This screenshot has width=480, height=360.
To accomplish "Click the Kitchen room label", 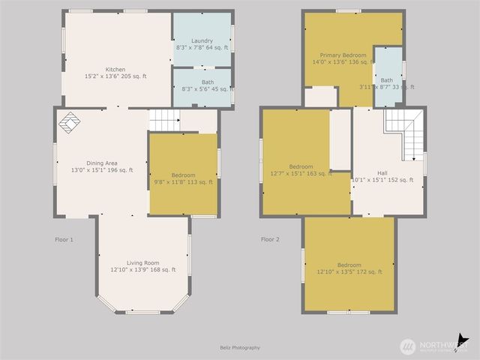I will click(115, 73).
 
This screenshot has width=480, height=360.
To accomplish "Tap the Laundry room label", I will click(202, 44).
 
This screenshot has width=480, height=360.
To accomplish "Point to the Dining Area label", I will click(101, 166).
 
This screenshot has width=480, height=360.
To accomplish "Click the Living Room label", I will click(142, 266).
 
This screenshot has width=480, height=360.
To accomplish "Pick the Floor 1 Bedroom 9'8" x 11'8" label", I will click(184, 178).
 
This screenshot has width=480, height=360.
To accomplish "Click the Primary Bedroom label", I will click(343, 58).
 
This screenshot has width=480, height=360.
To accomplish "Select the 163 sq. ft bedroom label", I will click(301, 170).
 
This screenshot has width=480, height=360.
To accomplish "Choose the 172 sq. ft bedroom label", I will click(349, 268).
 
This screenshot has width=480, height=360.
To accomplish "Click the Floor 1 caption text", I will click(64, 240).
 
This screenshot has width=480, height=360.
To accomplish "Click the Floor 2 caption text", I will click(270, 240).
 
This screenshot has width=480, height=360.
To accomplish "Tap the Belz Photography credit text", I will click(240, 347).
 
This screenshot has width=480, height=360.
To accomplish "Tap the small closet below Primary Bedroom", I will click(320, 97).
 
